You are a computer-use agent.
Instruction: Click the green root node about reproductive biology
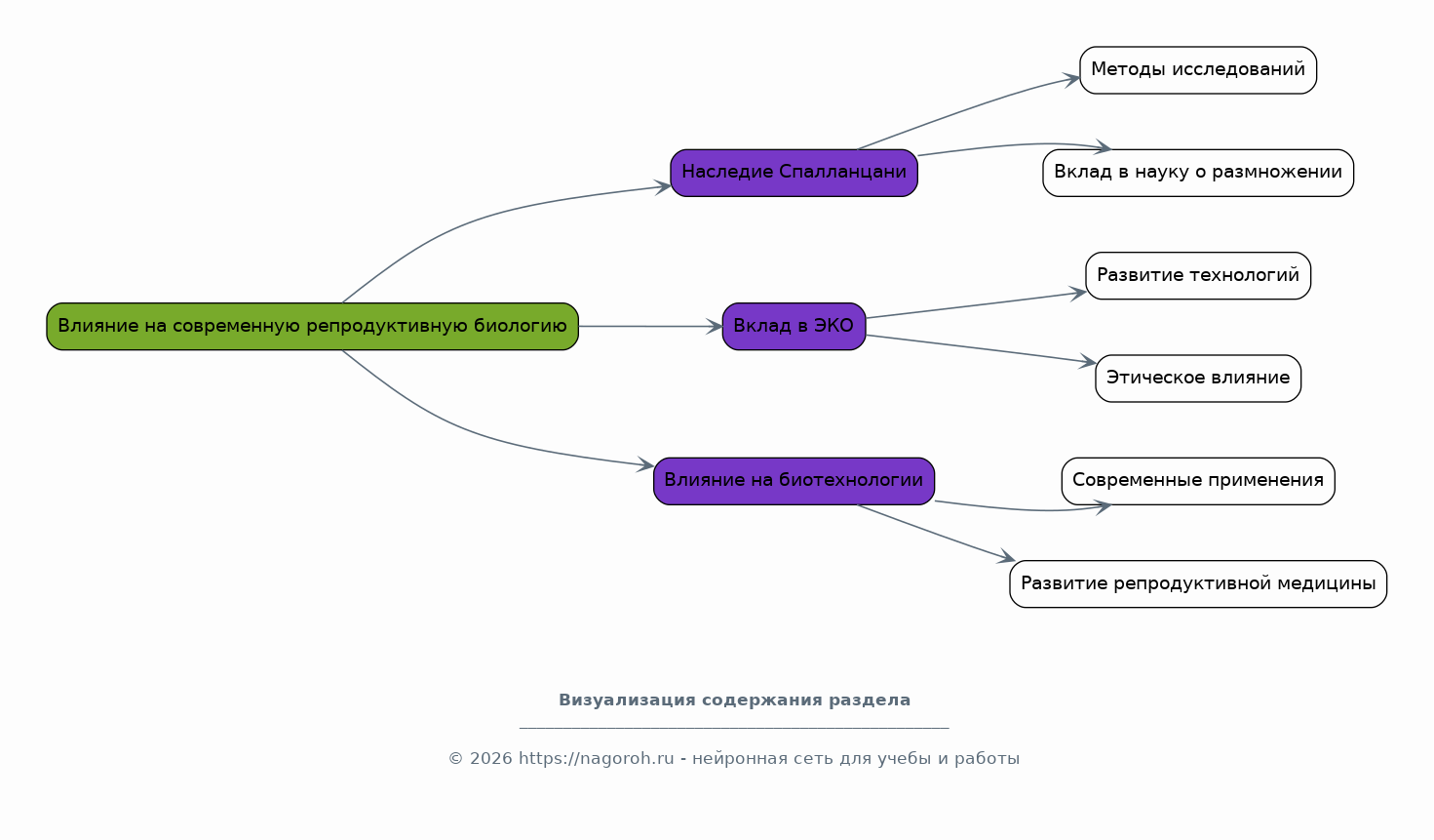point(312,326)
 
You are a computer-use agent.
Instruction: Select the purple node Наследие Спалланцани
point(794,173)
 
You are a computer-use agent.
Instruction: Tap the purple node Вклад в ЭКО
point(794,326)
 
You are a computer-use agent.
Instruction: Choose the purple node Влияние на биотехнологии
point(794,481)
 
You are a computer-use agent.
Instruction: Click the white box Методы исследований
point(1198,70)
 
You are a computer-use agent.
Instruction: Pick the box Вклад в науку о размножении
point(1198,173)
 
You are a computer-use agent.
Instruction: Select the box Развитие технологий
point(1198,275)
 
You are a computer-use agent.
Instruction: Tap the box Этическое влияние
point(1198,379)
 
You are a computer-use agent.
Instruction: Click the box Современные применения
point(1198,481)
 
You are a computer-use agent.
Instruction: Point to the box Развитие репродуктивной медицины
point(1198,584)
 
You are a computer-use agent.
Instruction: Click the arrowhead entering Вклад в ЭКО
point(714,326)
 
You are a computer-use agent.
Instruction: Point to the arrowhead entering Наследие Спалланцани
point(663,187)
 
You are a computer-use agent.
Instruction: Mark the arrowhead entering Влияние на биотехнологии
point(645,464)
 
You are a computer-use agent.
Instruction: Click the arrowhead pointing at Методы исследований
point(1071,80)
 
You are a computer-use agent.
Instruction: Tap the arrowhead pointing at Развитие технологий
point(1078,294)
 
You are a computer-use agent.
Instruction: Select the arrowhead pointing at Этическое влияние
point(1088,361)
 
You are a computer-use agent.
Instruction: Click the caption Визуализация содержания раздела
point(734,700)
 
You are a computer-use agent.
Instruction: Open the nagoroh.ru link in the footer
point(596,759)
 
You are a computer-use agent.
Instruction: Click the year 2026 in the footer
point(491,759)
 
